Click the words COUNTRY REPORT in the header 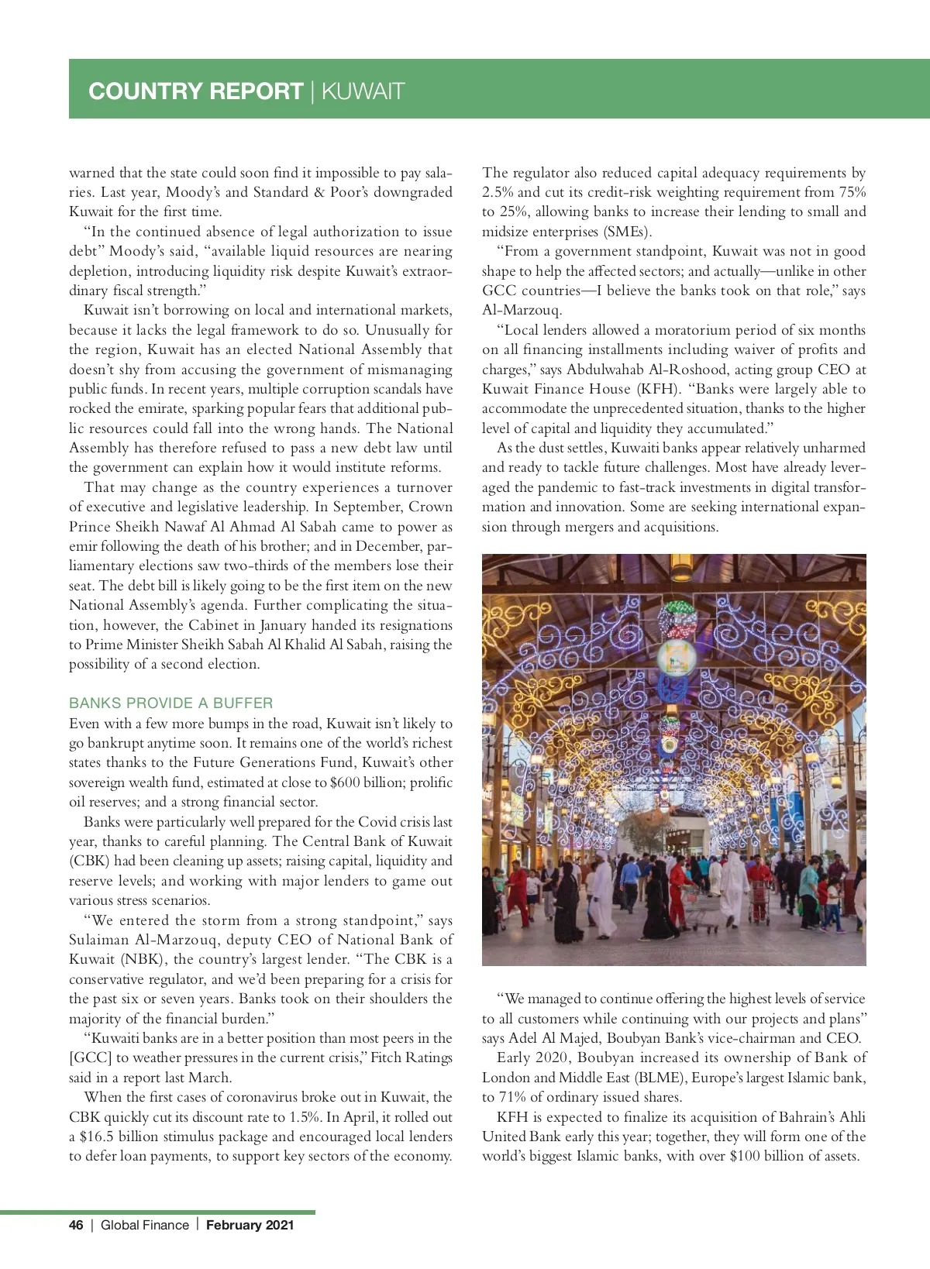coord(195,91)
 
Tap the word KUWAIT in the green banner coord(363,91)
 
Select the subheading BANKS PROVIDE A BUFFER coord(170,703)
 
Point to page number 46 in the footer coord(76,1225)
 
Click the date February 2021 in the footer coord(250,1225)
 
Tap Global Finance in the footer coord(144,1225)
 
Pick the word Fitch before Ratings coord(396,1058)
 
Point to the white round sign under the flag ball coord(676,657)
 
